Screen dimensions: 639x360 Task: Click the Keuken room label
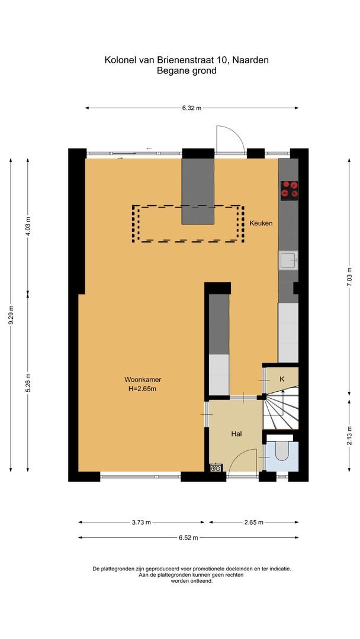(261, 223)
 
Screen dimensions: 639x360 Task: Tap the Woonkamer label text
(143, 379)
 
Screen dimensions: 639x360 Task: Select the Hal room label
(236, 434)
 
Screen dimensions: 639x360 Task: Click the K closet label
(282, 379)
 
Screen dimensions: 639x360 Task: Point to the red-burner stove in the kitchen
(290, 189)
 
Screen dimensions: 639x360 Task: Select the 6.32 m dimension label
(191, 108)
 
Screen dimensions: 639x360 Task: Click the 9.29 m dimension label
(11, 323)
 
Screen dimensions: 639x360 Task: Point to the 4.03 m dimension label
(28, 226)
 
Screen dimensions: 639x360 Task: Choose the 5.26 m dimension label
(28, 382)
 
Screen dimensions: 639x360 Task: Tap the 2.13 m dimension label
(349, 438)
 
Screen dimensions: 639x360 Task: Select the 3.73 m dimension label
(141, 522)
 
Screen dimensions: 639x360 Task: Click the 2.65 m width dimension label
(253, 522)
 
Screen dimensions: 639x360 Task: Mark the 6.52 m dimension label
(188, 537)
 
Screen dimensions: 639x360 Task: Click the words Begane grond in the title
(187, 71)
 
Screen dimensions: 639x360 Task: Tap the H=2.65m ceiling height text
(143, 389)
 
